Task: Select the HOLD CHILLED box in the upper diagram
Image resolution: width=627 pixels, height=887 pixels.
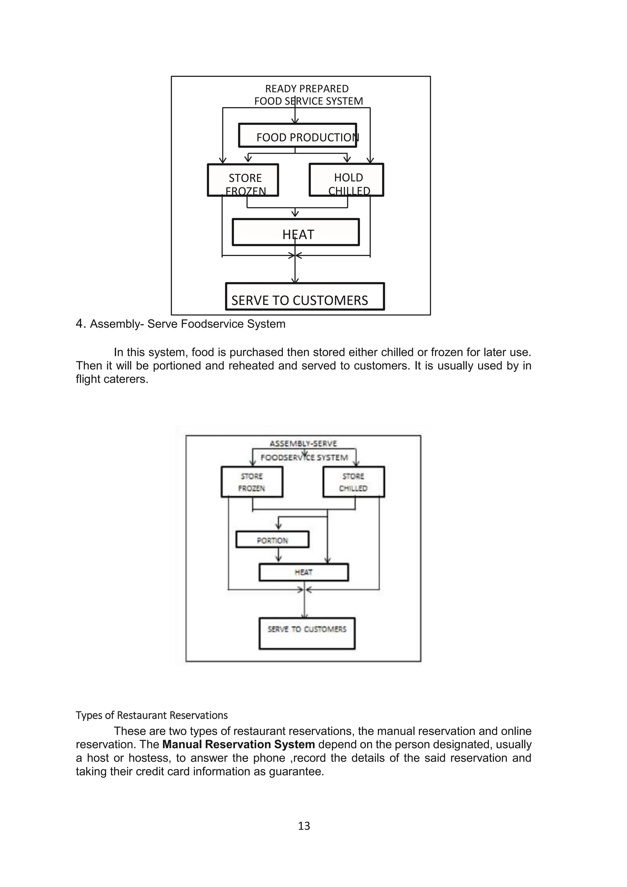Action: coord(346,180)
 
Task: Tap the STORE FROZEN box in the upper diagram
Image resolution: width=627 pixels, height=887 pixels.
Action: coord(243,180)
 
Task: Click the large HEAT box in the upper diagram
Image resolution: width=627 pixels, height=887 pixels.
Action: coord(296,232)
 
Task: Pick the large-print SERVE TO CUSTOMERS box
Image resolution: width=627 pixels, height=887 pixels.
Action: coord(305,297)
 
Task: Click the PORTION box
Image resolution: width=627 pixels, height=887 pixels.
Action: coord(272,540)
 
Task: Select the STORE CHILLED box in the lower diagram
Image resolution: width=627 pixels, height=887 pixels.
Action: coord(354,482)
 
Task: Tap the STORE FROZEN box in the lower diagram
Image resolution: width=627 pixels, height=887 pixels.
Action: coord(252,482)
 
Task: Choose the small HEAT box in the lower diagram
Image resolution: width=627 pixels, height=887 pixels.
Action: coord(303,572)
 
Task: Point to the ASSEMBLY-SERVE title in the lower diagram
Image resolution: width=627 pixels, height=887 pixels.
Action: coord(303,443)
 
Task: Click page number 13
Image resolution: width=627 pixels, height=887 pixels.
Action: coord(304,825)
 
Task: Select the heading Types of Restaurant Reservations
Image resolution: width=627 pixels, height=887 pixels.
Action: coord(152,715)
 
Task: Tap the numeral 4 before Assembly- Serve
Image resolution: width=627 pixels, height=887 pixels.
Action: coord(80,324)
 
